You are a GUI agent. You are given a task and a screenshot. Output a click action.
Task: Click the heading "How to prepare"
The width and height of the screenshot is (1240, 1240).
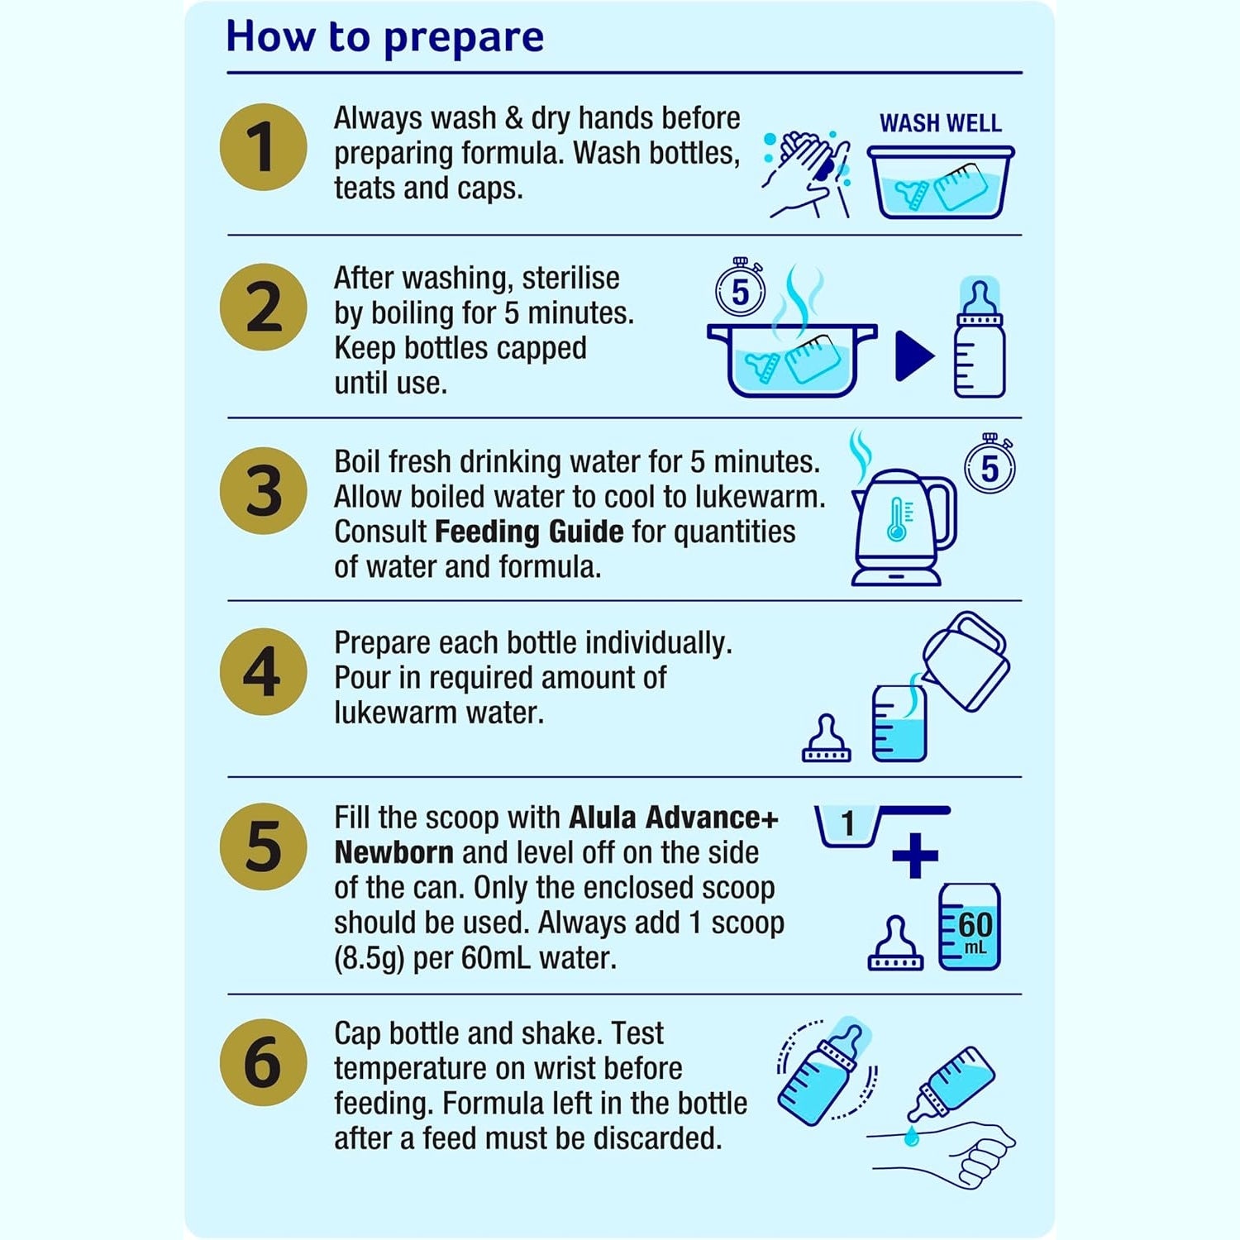tap(384, 37)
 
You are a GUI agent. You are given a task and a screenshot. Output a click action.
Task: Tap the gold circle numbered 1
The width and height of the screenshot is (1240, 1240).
tap(263, 147)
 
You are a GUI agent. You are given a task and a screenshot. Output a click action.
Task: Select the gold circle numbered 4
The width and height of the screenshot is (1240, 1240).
tap(263, 672)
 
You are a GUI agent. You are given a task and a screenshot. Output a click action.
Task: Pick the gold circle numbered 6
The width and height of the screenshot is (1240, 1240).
tap(263, 1062)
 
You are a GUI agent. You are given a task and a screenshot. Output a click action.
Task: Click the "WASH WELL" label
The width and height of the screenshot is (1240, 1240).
tap(940, 123)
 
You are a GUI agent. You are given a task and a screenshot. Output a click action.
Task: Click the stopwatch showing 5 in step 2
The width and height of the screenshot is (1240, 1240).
tap(740, 289)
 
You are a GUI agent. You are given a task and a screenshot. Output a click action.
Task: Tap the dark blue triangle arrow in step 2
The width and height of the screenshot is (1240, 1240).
tap(913, 356)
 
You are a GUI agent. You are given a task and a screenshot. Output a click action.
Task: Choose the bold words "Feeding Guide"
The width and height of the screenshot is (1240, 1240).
tap(529, 532)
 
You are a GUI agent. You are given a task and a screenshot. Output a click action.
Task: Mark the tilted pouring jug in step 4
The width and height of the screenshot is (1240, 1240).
tap(966, 660)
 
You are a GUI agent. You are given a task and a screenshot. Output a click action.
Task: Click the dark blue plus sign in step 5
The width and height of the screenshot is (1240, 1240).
tap(915, 856)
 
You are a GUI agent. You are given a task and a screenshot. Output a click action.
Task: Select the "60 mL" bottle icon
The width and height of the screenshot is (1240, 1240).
tap(970, 927)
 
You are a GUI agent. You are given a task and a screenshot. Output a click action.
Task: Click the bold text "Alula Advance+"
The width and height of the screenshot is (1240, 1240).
tap(674, 818)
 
